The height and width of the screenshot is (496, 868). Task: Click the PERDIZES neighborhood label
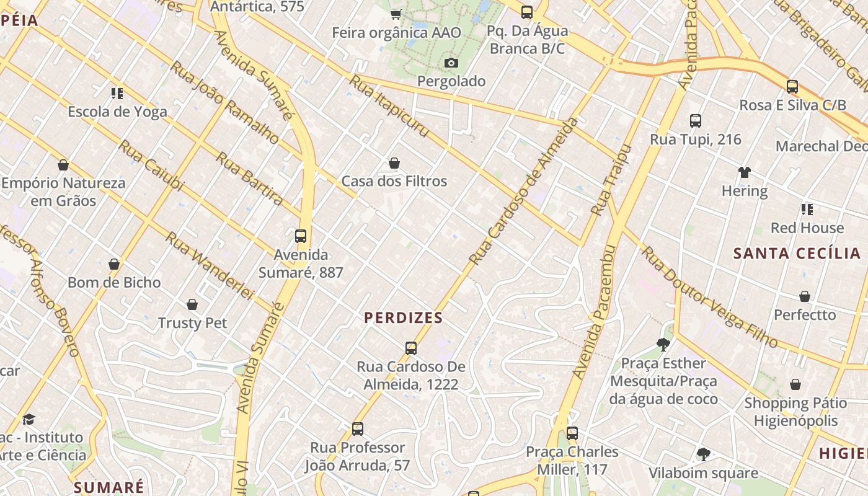click(x=403, y=318)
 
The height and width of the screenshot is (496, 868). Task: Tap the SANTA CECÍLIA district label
click(x=797, y=253)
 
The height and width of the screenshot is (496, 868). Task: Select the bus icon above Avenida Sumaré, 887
click(x=301, y=236)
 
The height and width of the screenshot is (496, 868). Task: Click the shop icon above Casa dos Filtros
click(x=394, y=163)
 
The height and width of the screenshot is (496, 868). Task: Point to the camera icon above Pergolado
click(x=451, y=63)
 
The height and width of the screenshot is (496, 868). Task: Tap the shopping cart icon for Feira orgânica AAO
click(x=396, y=14)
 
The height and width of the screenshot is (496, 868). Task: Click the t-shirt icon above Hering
click(x=744, y=172)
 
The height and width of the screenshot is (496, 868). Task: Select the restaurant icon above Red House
click(x=807, y=209)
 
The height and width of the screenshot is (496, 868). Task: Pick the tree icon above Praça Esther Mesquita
click(x=663, y=345)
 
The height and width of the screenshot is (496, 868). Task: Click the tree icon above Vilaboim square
click(x=703, y=454)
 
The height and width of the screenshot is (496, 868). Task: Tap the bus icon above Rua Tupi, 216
click(x=695, y=121)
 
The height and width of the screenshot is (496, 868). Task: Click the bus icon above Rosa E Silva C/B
click(x=792, y=87)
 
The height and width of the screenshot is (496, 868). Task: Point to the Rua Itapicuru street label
click(x=389, y=106)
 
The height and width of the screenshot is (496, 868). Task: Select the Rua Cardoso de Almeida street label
click(x=524, y=192)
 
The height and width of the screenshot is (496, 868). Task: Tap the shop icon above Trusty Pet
click(x=192, y=304)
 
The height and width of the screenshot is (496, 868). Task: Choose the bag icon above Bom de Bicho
click(x=114, y=264)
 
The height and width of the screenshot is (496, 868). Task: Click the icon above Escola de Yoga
click(x=117, y=94)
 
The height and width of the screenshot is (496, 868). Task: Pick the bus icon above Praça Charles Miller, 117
click(x=572, y=433)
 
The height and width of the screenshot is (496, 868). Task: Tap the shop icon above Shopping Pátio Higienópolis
click(x=795, y=384)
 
